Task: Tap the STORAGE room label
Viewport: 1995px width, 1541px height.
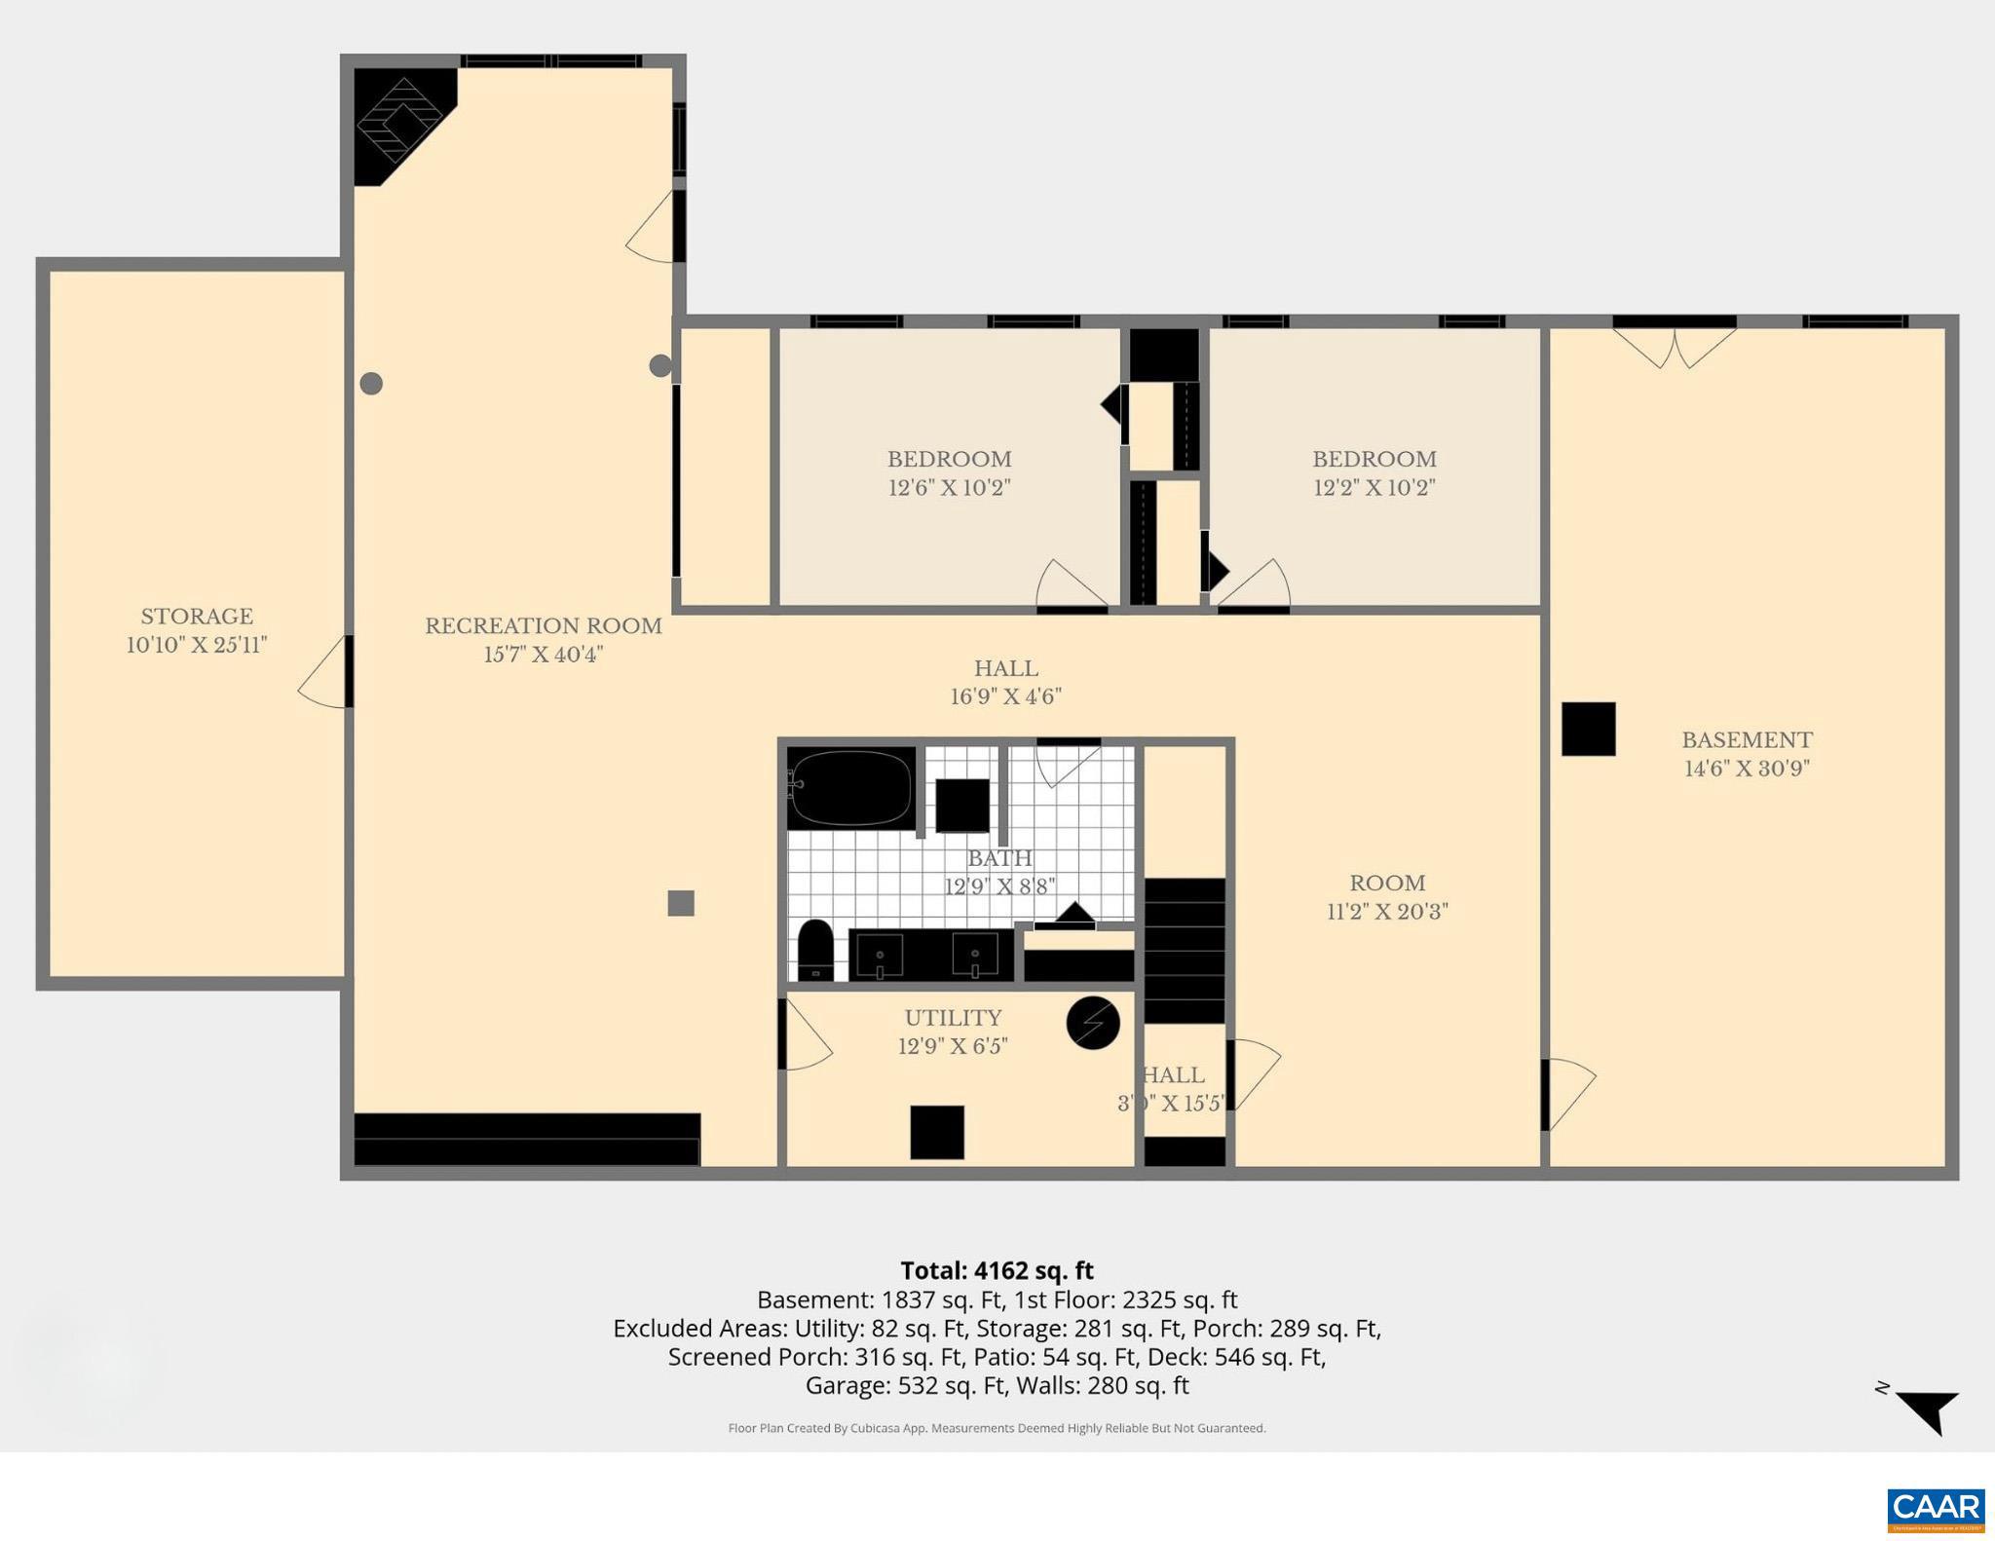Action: click(197, 616)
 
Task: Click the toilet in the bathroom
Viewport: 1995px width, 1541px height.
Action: click(815, 950)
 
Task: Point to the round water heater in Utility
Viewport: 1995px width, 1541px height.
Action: click(1093, 1023)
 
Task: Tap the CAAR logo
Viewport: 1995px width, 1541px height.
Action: click(1936, 1509)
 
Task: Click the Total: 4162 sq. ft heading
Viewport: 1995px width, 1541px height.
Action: click(997, 1270)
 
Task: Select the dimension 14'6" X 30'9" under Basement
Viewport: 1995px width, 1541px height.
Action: click(1747, 769)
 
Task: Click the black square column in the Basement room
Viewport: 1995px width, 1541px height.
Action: click(1588, 729)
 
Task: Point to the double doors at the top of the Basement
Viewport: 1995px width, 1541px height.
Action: click(1675, 347)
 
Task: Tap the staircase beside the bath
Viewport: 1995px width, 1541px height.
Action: click(1184, 950)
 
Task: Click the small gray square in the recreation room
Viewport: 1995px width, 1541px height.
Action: click(681, 903)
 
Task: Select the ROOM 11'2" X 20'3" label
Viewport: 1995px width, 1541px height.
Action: click(1387, 896)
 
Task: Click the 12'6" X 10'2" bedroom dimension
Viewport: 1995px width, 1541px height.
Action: click(949, 487)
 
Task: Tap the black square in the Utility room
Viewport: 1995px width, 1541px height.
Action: click(937, 1132)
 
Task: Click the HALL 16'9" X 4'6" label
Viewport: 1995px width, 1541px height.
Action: click(1005, 682)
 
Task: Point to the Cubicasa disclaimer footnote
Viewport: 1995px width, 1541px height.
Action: click(997, 1428)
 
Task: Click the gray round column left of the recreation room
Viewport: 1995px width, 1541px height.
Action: click(371, 384)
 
